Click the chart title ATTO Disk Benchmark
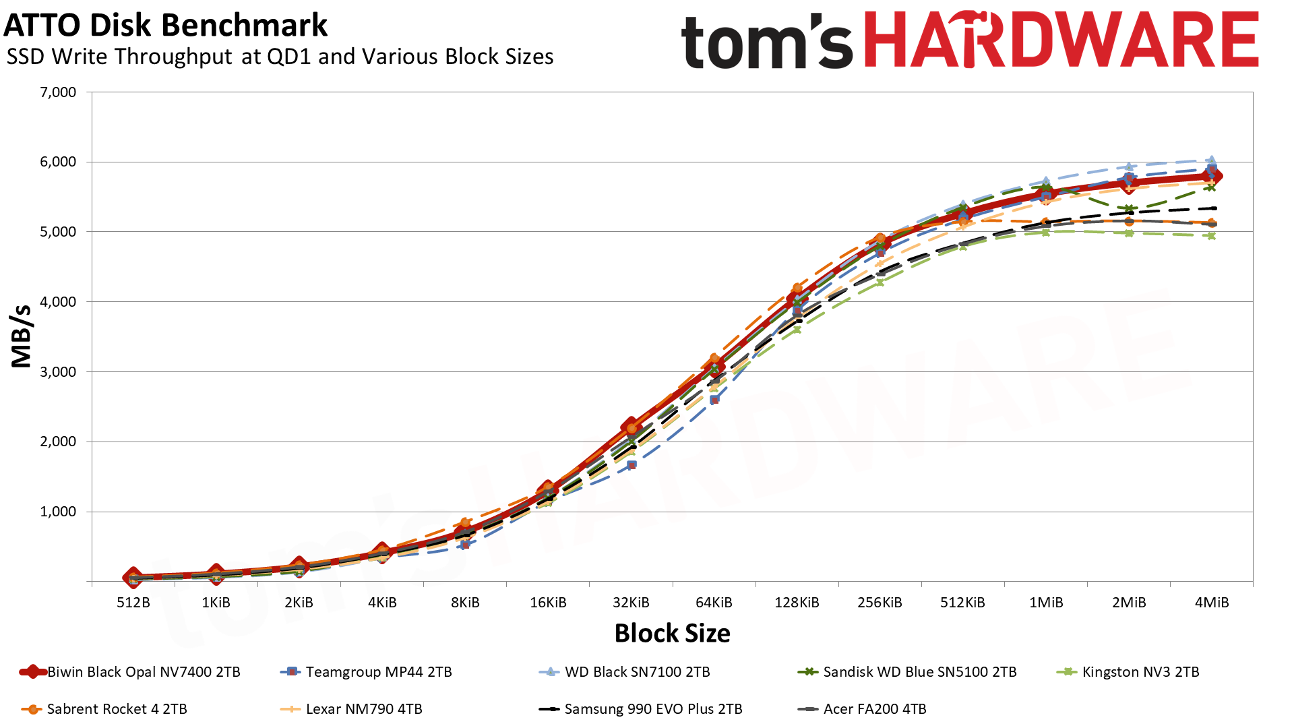point(165,26)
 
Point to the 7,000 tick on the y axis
point(58,92)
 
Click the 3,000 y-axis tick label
point(58,372)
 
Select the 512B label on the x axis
point(133,603)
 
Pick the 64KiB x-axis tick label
point(714,603)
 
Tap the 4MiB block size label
point(1211,603)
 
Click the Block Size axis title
point(672,634)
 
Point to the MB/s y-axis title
point(22,336)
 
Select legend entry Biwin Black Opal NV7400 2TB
point(143,672)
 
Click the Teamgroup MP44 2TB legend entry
point(378,672)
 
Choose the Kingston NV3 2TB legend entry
point(1140,672)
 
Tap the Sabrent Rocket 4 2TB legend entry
point(117,709)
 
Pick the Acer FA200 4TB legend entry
point(874,709)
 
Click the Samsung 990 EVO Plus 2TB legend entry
point(653,709)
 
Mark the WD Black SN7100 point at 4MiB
point(1211,160)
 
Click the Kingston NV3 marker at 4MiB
point(1211,236)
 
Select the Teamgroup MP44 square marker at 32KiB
point(631,465)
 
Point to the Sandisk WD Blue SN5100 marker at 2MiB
point(1129,209)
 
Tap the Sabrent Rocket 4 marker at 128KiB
point(797,289)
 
